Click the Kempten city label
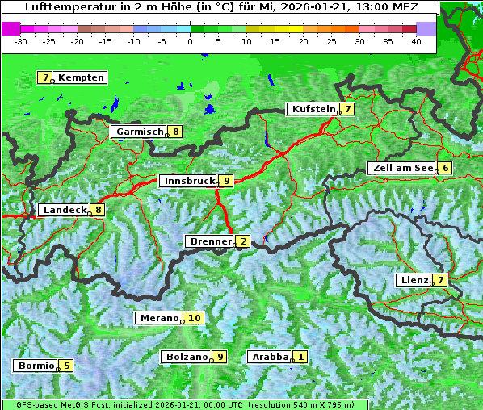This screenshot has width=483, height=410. (x=82, y=77)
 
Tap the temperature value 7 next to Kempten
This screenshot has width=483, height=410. (x=44, y=77)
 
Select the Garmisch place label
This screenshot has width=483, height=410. (x=138, y=132)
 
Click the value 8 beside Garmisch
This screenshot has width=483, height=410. (x=174, y=132)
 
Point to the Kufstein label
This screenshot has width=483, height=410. (x=313, y=109)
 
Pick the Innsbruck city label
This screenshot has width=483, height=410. (x=187, y=181)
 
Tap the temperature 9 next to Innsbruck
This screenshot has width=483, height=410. (x=227, y=181)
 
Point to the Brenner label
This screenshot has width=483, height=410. (x=209, y=241)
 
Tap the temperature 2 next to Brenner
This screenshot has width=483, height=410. (x=242, y=241)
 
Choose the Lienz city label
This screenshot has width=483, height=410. (x=413, y=280)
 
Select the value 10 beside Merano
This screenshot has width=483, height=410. (x=194, y=318)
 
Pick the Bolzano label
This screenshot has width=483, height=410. (x=187, y=357)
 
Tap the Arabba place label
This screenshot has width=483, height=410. (x=269, y=357)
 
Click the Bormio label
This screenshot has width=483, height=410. (x=36, y=366)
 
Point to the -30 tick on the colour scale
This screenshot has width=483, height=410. (x=21, y=40)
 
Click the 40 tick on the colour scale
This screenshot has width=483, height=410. (x=416, y=40)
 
